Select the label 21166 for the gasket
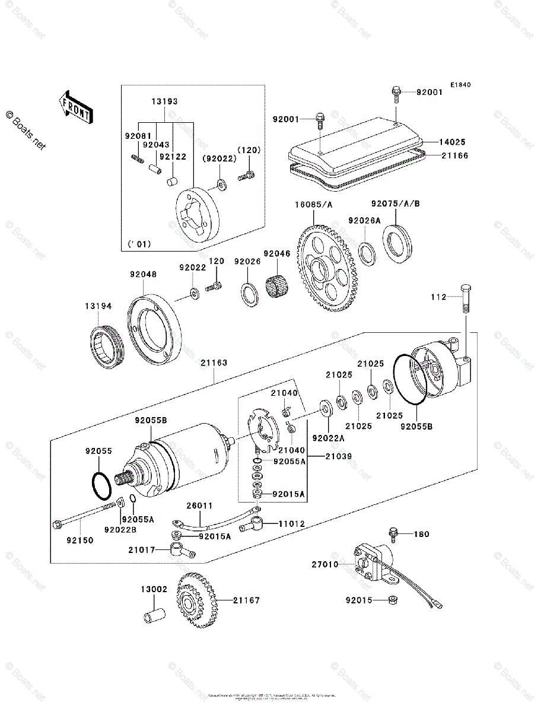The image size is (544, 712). tap(454, 155)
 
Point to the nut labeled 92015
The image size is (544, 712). tap(392, 600)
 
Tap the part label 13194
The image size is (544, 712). tap(98, 307)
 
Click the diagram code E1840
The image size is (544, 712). tap(460, 85)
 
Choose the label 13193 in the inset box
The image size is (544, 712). tap(164, 102)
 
